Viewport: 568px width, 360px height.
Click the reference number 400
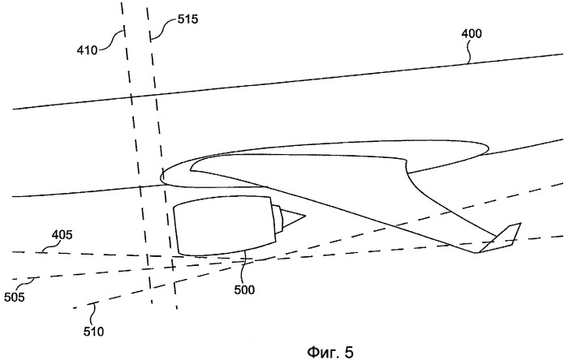471,33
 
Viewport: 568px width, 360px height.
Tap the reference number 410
87,49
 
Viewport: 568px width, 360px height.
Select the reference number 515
187,19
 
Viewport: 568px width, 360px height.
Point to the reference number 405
62,235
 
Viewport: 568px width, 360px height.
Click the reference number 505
15,297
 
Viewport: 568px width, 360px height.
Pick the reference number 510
94,332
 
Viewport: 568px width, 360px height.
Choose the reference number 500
244,289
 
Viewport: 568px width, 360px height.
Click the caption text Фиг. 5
330,351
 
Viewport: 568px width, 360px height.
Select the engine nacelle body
226,225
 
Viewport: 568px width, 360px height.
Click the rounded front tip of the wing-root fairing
162,178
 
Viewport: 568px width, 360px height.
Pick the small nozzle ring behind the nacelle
278,219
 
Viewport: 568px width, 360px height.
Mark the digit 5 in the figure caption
349,351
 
